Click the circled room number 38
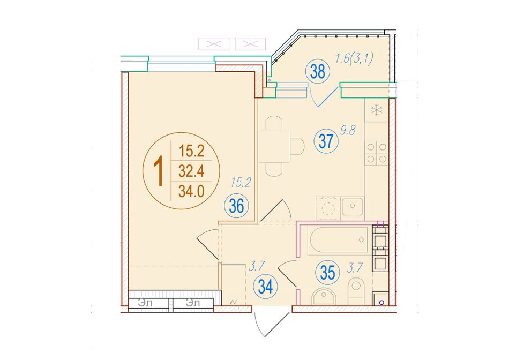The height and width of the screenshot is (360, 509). [x=318, y=72]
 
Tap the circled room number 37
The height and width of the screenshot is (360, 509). [x=326, y=141]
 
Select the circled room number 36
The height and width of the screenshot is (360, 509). [x=236, y=206]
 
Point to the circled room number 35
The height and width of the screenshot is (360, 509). [x=327, y=273]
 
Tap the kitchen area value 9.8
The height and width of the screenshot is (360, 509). [x=348, y=131]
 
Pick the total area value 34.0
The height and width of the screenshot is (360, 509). [x=191, y=191]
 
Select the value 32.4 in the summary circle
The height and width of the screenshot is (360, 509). [x=191, y=171]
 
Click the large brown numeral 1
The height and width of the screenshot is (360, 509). [x=159, y=171]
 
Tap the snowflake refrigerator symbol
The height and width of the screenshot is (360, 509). [x=377, y=110]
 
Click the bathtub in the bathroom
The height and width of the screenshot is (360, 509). [x=339, y=241]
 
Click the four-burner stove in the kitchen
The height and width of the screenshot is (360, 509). [x=377, y=153]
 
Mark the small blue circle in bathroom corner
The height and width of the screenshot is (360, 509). [x=381, y=303]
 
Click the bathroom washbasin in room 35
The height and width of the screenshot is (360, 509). [x=323, y=297]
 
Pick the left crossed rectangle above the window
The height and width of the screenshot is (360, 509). [x=214, y=44]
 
